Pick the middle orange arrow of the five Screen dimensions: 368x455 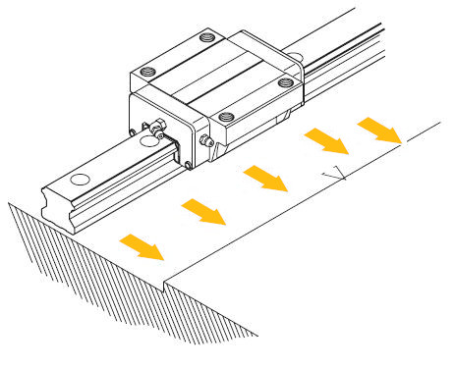click(x=263, y=178)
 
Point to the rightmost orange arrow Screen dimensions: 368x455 click(x=377, y=129)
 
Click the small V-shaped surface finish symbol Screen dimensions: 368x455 click(x=336, y=177)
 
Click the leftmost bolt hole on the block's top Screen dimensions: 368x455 click(x=147, y=72)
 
